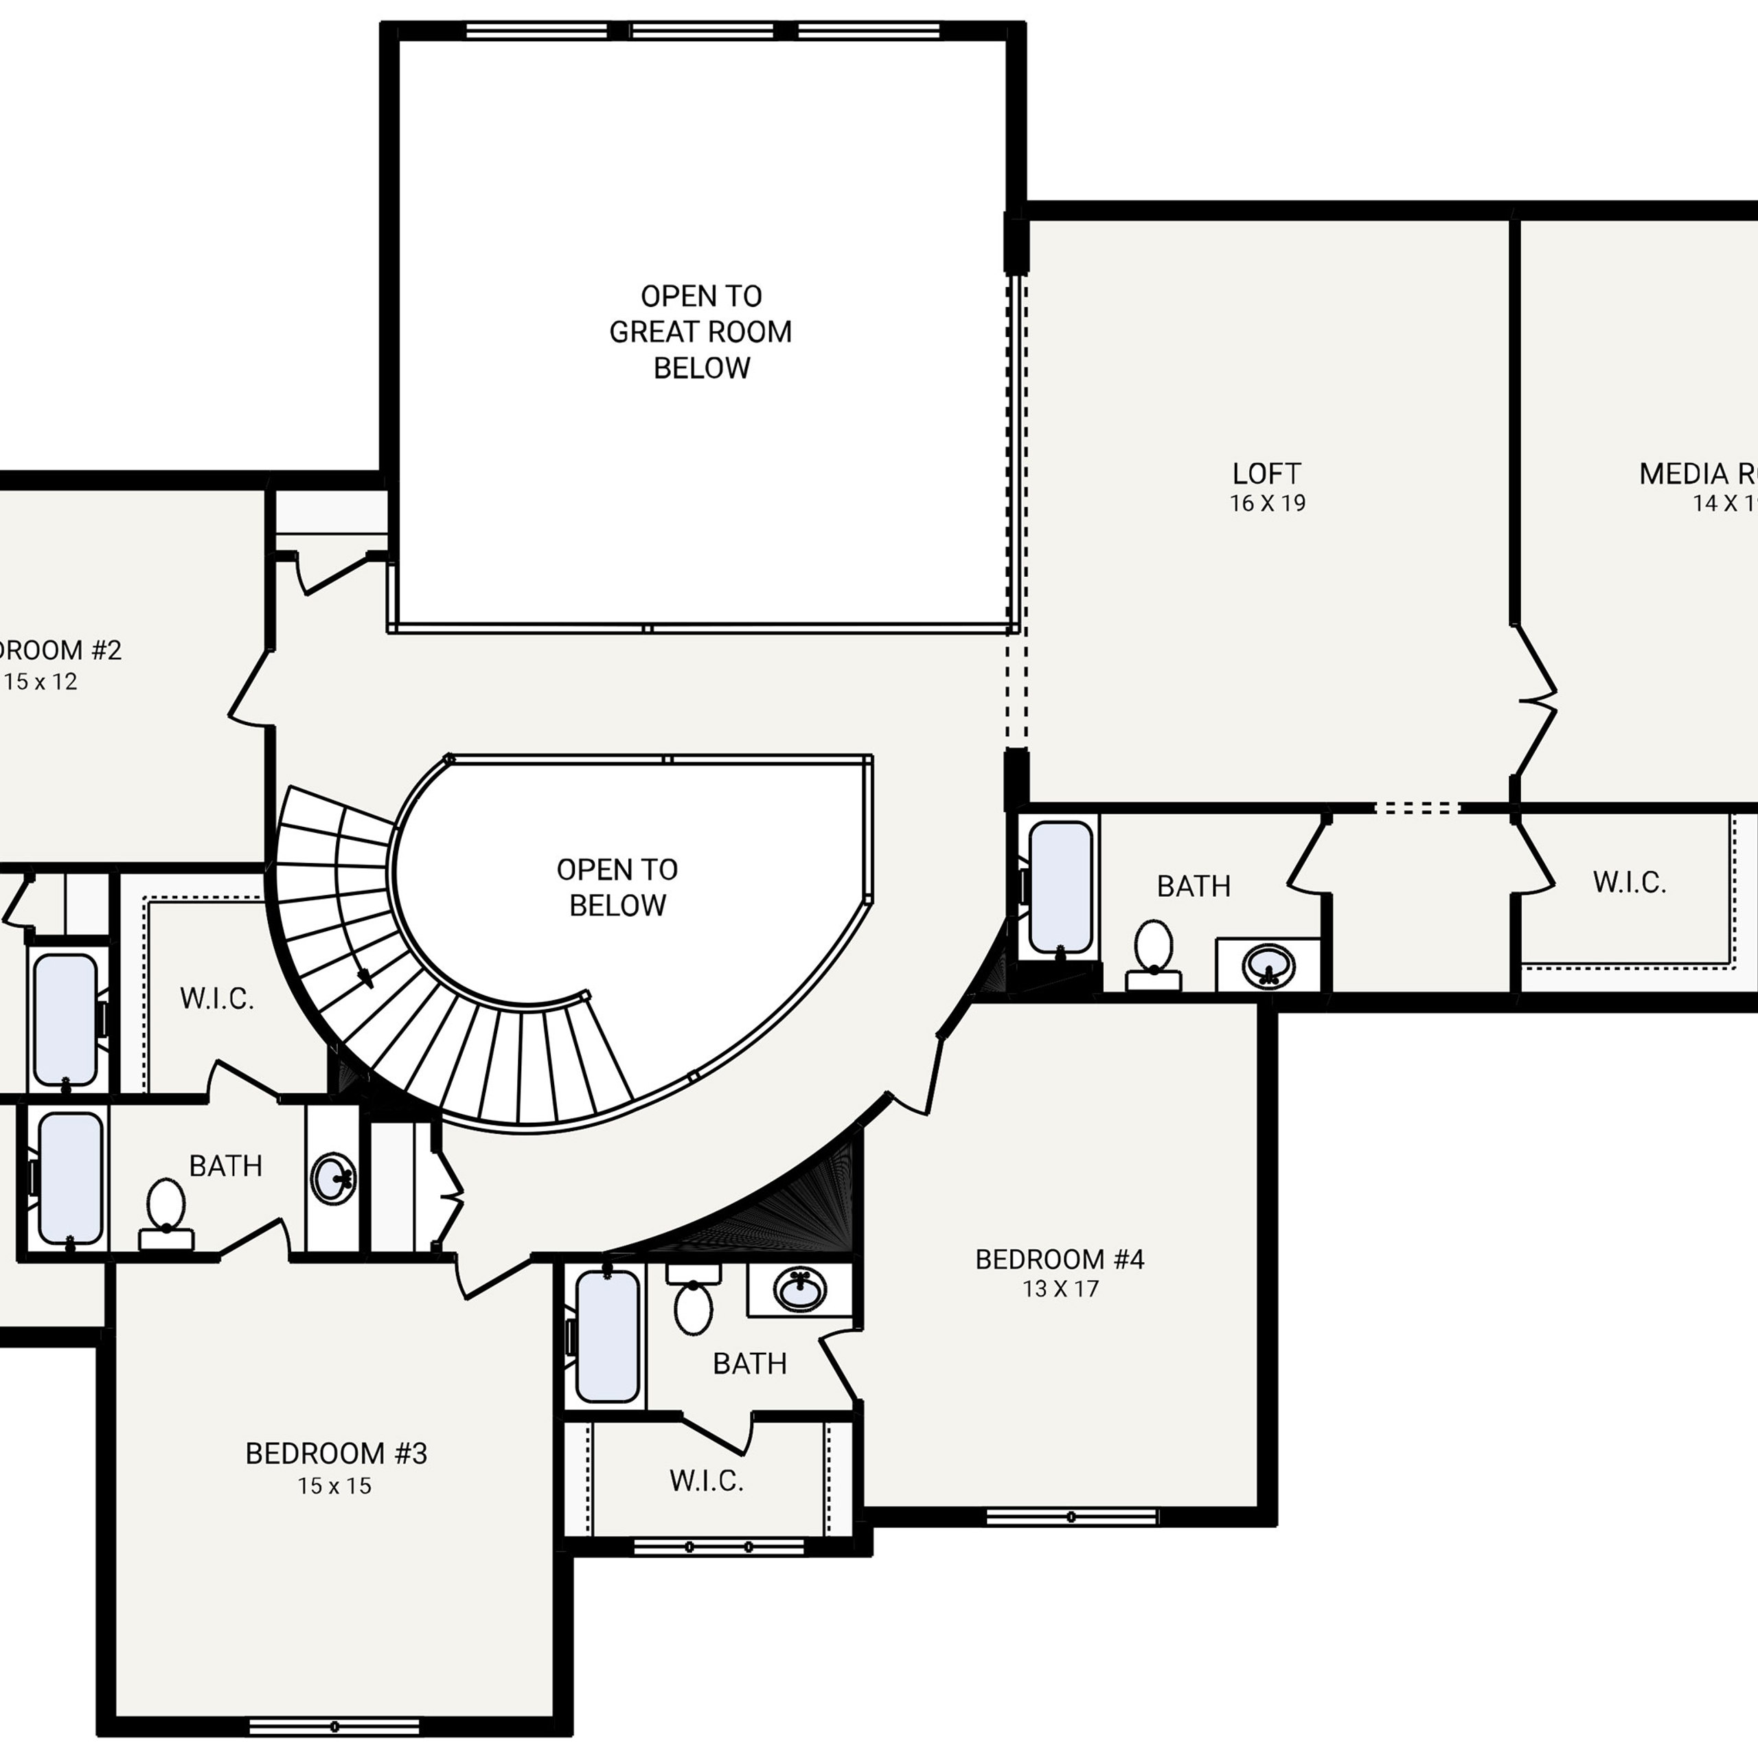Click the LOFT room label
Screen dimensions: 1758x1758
tap(1266, 473)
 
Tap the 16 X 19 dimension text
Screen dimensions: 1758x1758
tap(1266, 503)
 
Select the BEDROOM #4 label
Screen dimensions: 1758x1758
tap(1059, 1259)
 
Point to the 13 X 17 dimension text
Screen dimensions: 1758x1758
tap(1060, 1288)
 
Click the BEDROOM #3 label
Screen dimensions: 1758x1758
tap(336, 1453)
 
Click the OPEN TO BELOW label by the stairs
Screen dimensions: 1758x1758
tap(617, 887)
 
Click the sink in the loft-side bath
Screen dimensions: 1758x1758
tap(1268, 965)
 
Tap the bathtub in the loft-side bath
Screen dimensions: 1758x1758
tap(1060, 887)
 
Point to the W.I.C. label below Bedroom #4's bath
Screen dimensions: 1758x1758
tap(706, 1481)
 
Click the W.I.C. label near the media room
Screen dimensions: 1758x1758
tap(1629, 882)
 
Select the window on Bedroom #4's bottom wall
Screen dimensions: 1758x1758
tap(1071, 1517)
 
